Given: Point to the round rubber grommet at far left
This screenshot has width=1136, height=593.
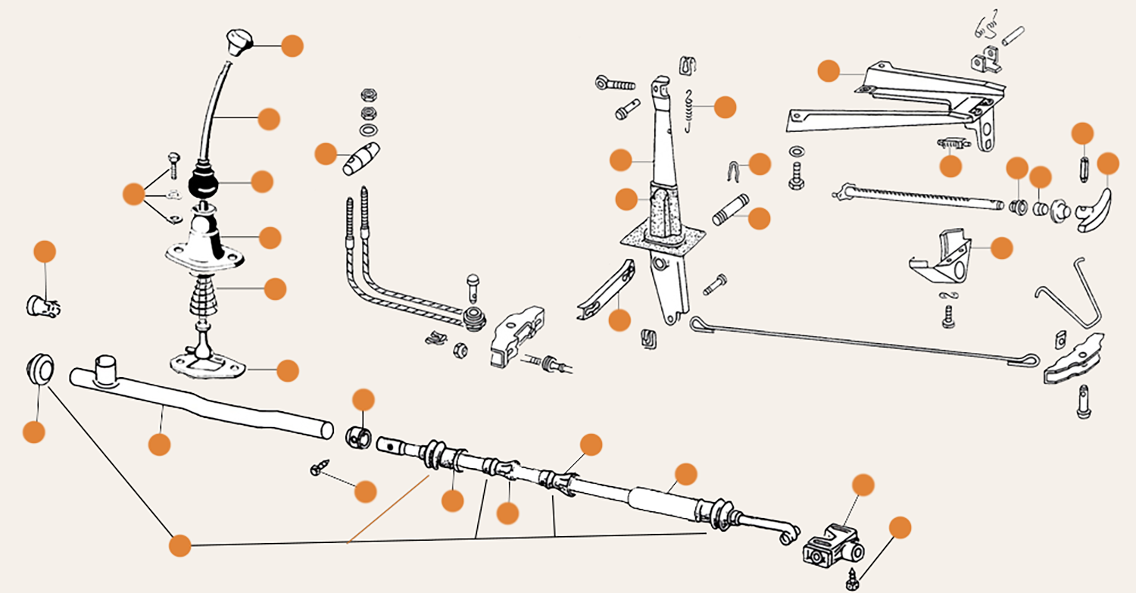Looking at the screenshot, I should pos(39,369).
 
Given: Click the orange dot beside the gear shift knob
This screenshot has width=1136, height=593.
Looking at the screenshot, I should pos(292,45).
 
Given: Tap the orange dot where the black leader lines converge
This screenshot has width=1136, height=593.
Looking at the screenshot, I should pos(179,545).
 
